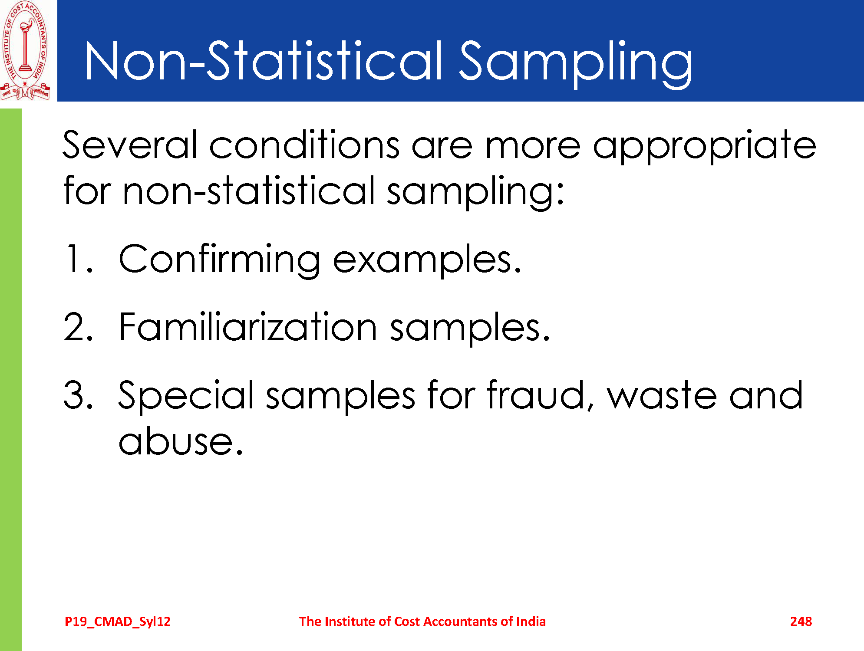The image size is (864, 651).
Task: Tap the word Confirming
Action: click(219, 260)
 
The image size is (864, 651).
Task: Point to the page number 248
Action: click(801, 621)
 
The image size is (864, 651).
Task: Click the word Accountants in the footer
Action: click(461, 621)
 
